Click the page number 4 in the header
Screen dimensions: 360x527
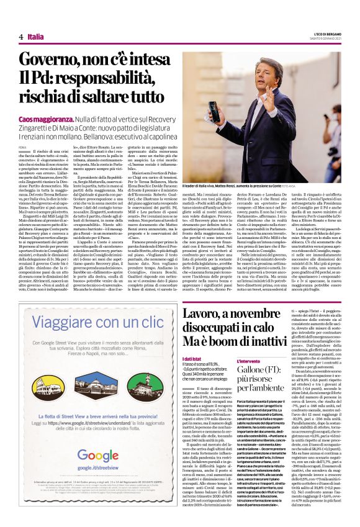pyautogui.click(x=21, y=37)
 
